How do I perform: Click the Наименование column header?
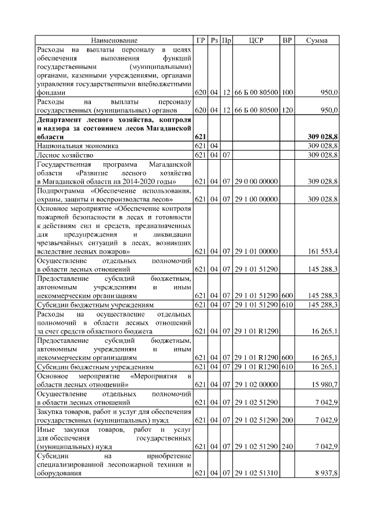click(x=114, y=41)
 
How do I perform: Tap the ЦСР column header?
click(x=256, y=41)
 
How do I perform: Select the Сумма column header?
click(x=316, y=41)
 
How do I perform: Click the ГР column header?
click(x=201, y=41)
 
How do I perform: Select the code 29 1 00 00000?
click(x=256, y=199)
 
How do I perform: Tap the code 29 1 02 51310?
click(x=256, y=474)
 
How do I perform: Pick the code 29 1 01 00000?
click(x=256, y=252)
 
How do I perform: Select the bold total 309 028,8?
click(x=322, y=137)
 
